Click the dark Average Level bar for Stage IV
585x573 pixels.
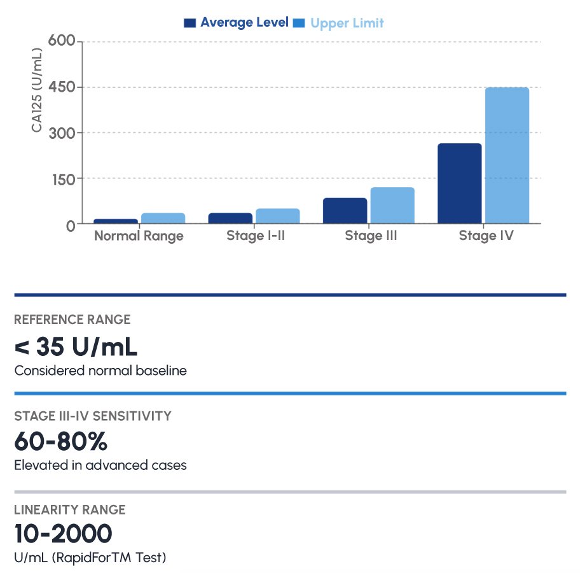(x=460, y=183)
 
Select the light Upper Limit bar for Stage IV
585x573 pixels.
(x=507, y=155)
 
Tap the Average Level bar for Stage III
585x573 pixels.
(x=345, y=211)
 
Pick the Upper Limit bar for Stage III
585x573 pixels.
(x=392, y=206)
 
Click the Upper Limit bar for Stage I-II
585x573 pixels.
(x=277, y=216)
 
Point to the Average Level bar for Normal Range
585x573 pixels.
(x=115, y=221)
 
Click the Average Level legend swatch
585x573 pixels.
(x=189, y=23)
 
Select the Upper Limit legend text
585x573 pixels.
(x=347, y=24)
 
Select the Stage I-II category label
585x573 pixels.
(x=254, y=236)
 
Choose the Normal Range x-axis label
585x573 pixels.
(x=139, y=236)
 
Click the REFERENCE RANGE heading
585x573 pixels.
(x=72, y=320)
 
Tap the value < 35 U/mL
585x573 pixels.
(x=76, y=347)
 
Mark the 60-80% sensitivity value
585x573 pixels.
(x=60, y=441)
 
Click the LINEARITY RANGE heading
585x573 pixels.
(x=69, y=510)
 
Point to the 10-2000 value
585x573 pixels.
(x=63, y=534)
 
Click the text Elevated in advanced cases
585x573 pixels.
(x=100, y=465)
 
